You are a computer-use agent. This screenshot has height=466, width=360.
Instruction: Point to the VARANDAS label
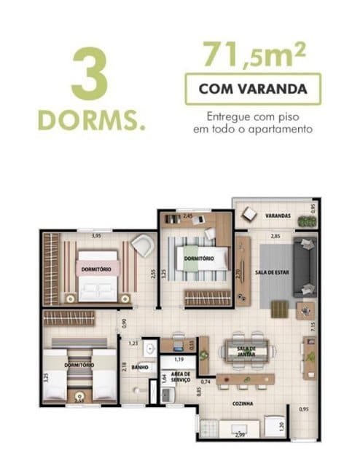tap(278, 216)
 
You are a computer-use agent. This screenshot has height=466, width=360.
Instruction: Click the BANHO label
tap(140, 367)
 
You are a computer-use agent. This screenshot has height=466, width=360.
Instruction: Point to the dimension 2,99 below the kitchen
tap(240, 435)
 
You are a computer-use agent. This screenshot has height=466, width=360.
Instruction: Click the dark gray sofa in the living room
tap(305, 266)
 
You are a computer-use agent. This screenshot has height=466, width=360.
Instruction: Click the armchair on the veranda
tap(250, 213)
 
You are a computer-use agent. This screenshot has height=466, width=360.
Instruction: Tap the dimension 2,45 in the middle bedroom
tap(187, 216)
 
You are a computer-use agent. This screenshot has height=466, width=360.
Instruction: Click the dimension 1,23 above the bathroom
tap(133, 343)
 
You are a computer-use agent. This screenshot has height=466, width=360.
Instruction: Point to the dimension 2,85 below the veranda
tap(276, 237)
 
